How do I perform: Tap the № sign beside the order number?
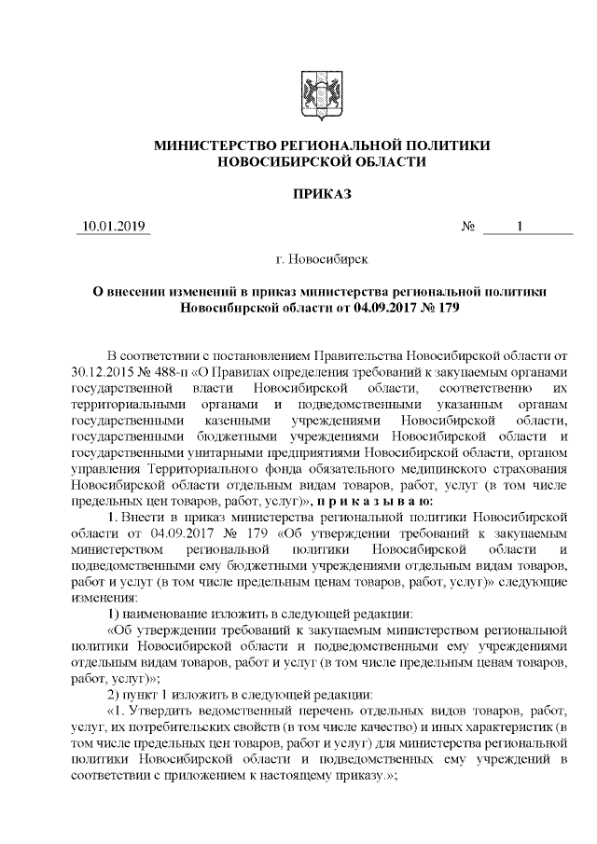(470, 227)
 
